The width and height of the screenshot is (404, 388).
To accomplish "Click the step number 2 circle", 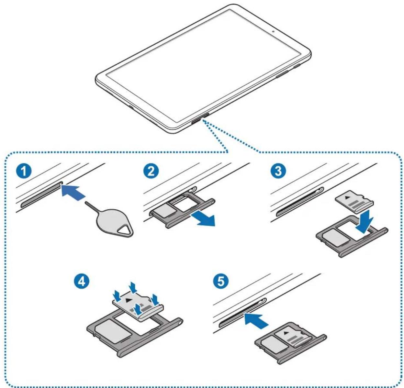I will (x=151, y=171).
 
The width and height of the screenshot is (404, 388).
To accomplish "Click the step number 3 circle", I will (x=278, y=171).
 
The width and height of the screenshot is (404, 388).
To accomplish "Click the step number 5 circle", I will (x=221, y=281).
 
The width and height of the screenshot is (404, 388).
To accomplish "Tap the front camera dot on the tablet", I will (x=274, y=32).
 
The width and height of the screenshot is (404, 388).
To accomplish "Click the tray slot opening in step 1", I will (x=40, y=194).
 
